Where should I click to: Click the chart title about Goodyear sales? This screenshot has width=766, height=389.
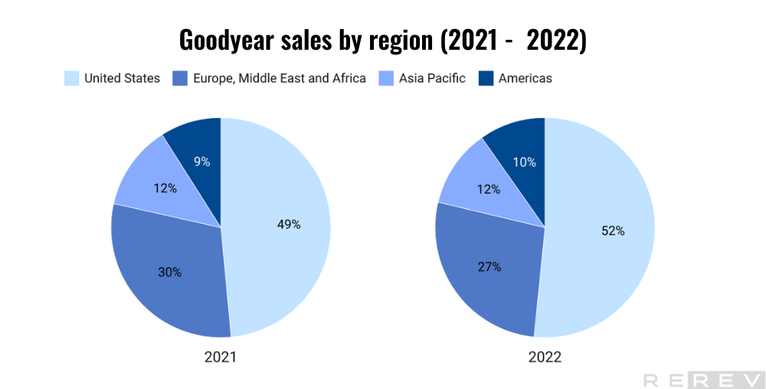click(382, 39)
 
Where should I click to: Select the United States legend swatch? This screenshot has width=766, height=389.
click(71, 78)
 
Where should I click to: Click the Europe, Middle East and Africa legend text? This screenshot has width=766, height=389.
click(279, 78)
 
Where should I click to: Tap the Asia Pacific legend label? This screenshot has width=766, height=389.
click(432, 78)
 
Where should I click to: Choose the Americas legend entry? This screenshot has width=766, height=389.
click(525, 78)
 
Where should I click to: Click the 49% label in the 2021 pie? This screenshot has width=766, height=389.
click(289, 224)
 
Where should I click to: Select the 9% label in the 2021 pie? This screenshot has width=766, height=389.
click(201, 161)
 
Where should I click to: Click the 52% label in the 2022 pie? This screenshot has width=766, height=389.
click(613, 230)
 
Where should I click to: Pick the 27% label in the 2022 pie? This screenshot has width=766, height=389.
click(489, 266)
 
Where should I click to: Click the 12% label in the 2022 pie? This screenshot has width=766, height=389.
click(488, 189)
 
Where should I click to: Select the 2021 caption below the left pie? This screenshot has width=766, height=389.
click(221, 357)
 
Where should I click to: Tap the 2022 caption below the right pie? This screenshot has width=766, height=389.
click(544, 357)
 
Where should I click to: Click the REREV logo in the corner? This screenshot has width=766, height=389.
click(701, 379)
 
